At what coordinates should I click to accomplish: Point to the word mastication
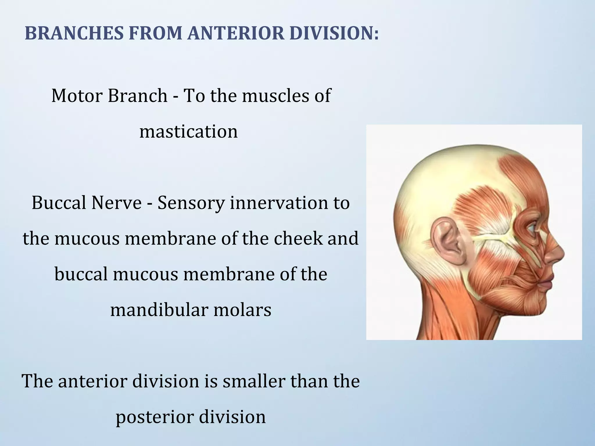click(189, 131)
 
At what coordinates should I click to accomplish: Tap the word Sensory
click(191, 203)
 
